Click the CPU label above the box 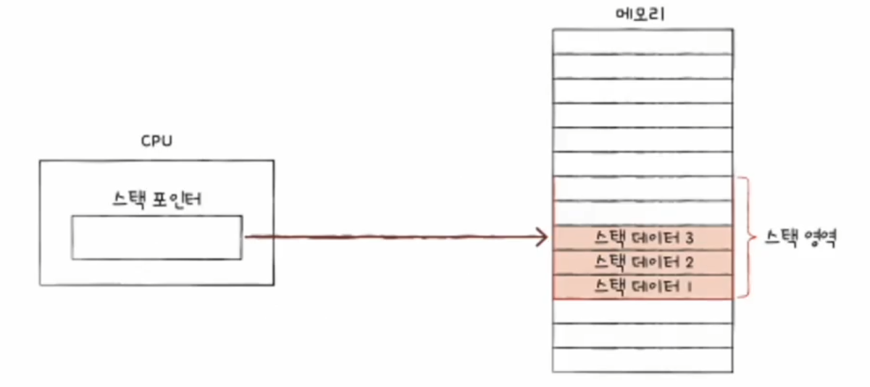point(156,140)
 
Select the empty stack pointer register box point(156,237)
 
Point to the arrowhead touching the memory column point(542,237)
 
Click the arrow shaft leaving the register point(391,237)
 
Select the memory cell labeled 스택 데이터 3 point(643,237)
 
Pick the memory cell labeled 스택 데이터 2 point(643,261)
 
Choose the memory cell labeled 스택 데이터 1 point(643,286)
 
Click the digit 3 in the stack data point(689,237)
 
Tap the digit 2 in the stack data point(689,261)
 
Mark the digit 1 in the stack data point(688,286)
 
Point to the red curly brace point(745,237)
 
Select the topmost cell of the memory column point(643,41)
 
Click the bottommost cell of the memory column point(643,360)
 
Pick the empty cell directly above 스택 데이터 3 point(643,213)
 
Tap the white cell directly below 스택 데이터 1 point(643,311)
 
